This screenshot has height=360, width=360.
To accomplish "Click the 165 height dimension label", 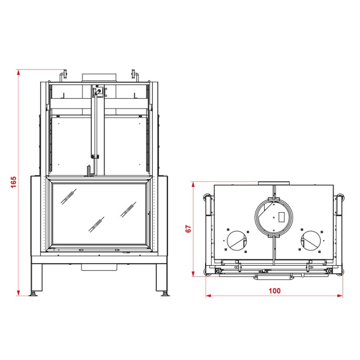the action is pyautogui.click(x=14, y=182).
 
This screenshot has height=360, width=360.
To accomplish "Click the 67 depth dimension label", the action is pyautogui.click(x=188, y=229).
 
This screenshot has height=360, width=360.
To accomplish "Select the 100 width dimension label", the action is pyautogui.click(x=275, y=291).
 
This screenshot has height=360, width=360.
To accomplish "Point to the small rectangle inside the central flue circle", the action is pyautogui.click(x=282, y=217).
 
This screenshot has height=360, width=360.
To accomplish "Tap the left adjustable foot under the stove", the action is pyautogui.click(x=33, y=294).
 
